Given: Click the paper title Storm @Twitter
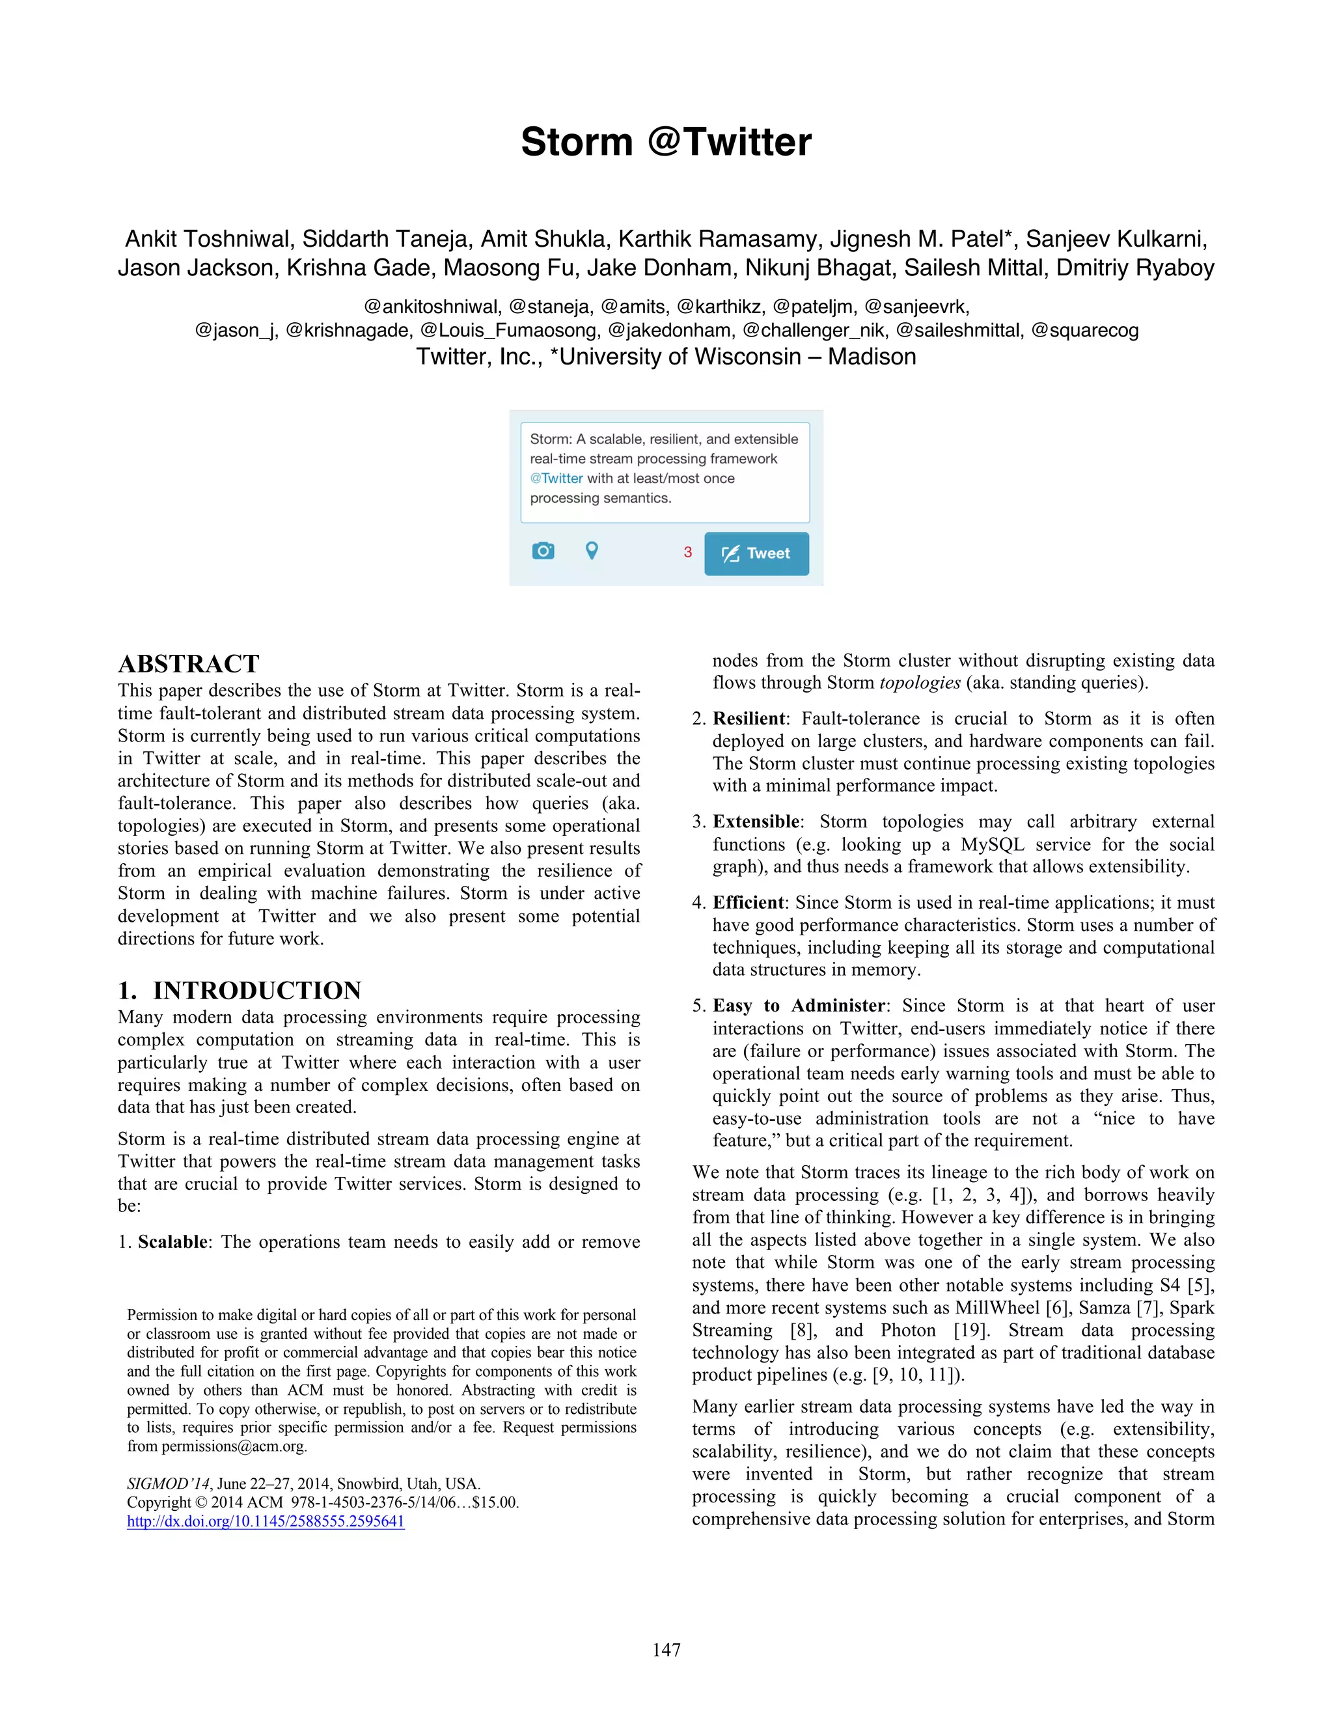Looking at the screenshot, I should (666, 142).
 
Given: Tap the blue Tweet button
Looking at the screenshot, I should (756, 554).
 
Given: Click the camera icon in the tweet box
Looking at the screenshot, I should (543, 551).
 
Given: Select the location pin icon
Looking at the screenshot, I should (592, 551).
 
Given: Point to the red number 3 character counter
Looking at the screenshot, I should (687, 553).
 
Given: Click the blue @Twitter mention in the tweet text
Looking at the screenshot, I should (556, 478).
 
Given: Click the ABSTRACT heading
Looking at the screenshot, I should (188, 663).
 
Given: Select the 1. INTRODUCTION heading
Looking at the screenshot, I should (240, 991).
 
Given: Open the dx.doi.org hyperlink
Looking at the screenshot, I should (266, 1521).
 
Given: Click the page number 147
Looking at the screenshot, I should (666, 1650).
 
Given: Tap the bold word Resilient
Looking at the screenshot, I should (749, 719).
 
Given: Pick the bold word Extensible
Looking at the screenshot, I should (756, 821).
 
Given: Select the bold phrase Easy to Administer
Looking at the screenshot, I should (799, 1006).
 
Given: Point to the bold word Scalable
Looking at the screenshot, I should (173, 1241).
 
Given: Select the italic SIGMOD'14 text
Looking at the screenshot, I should (168, 1483).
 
